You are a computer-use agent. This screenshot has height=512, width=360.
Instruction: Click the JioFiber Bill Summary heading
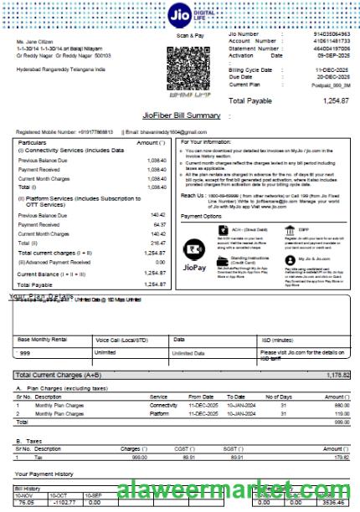tap(180, 115)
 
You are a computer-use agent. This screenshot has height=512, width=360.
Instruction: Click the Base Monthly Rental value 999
tap(25, 352)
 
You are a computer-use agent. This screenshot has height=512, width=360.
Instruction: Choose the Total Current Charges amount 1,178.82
tap(337, 375)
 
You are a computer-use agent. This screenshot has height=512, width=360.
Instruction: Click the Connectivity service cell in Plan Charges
tap(163, 404)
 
